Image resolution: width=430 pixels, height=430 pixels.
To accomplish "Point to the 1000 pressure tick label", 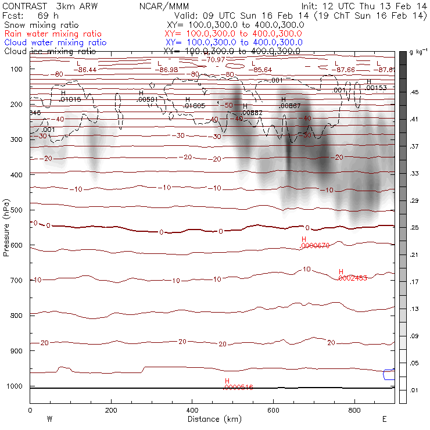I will (17, 386).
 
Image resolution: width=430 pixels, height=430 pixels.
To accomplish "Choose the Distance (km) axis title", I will (212, 419).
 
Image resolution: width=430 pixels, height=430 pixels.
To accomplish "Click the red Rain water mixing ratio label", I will (55, 34).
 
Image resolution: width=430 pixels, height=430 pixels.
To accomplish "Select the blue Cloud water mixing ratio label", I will (55, 42).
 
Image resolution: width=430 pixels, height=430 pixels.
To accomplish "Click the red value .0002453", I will (353, 278).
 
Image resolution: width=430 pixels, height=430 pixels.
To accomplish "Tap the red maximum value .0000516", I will (239, 387).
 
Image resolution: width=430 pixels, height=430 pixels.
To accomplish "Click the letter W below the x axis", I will (49, 418).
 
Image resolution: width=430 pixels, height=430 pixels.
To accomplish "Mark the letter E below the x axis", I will (384, 418).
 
